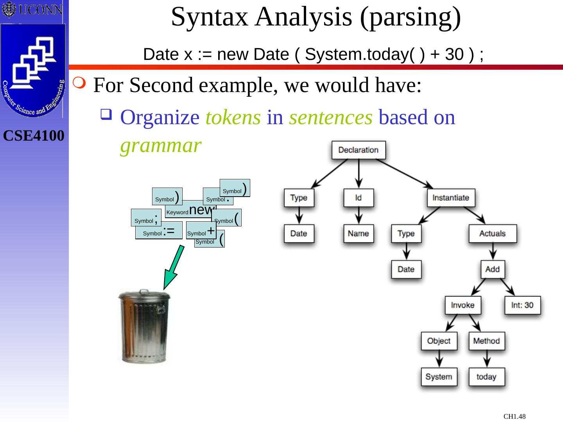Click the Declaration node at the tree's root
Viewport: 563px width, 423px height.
pos(359,150)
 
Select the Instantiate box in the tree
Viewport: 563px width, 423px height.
pos(450,198)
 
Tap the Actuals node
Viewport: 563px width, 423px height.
pos(492,234)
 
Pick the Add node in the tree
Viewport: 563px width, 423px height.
pos(492,269)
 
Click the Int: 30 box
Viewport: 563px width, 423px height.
pos(522,305)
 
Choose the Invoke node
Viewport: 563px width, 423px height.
pos(463,305)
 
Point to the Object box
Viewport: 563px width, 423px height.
pos(439,341)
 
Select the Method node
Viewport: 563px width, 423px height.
pos(486,341)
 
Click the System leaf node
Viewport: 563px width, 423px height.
pos(439,377)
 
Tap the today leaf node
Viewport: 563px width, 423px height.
pos(486,377)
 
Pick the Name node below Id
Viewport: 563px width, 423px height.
pos(358,234)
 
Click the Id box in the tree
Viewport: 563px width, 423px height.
pos(358,198)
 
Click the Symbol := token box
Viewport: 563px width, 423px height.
pos(158,231)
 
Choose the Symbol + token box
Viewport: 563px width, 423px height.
pos(201,231)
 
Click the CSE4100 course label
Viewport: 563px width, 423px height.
pos(34,136)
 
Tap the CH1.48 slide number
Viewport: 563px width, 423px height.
pos(514,416)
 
